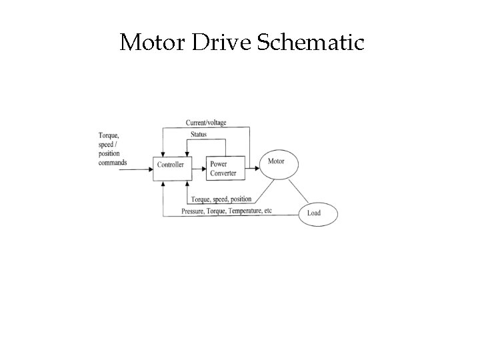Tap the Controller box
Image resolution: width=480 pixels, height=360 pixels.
tap(170, 164)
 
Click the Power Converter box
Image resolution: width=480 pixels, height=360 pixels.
tap(225, 168)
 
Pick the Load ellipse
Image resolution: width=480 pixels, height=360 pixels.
tap(317, 213)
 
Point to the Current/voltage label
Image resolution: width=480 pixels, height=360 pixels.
tap(206, 122)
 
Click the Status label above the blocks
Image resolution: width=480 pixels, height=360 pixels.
tap(198, 135)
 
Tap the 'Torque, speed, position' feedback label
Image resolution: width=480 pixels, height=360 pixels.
tap(221, 199)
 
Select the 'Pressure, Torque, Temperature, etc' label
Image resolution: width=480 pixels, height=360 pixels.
tap(226, 211)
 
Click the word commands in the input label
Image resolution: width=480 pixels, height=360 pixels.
tap(112, 162)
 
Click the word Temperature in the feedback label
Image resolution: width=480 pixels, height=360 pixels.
tap(244, 211)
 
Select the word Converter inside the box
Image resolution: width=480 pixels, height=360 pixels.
tap(223, 173)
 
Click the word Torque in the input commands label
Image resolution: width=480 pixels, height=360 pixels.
tap(109, 135)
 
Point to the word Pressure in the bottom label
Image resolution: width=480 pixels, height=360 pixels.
tap(193, 211)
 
